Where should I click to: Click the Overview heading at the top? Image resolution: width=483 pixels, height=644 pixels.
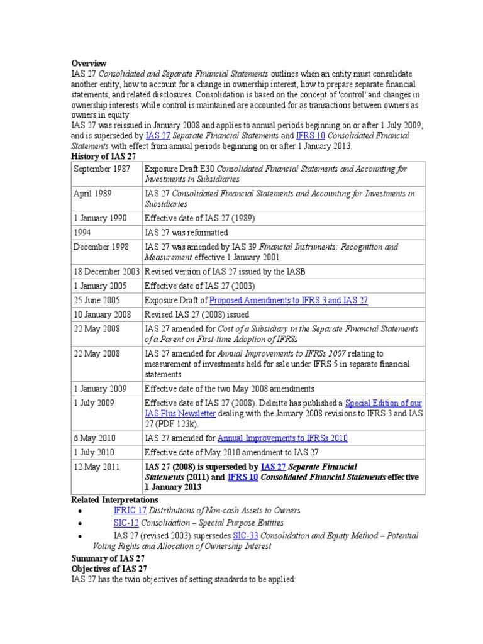pyautogui.click(x=89, y=64)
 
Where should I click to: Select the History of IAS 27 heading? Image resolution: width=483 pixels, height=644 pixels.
pyautogui.click(x=104, y=155)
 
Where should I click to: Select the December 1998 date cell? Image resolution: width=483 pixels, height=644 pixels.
pyautogui.click(x=101, y=247)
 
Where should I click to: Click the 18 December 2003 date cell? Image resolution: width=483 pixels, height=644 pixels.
pyautogui.click(x=106, y=272)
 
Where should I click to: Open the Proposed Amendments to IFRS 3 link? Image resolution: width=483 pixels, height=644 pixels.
pyautogui.click(x=288, y=301)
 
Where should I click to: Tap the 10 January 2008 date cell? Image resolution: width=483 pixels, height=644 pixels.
pyautogui.click(x=102, y=314)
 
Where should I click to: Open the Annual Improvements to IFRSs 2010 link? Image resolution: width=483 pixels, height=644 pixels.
pyautogui.click(x=282, y=438)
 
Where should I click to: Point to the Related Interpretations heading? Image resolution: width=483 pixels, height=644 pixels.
pyautogui.click(x=115, y=499)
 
